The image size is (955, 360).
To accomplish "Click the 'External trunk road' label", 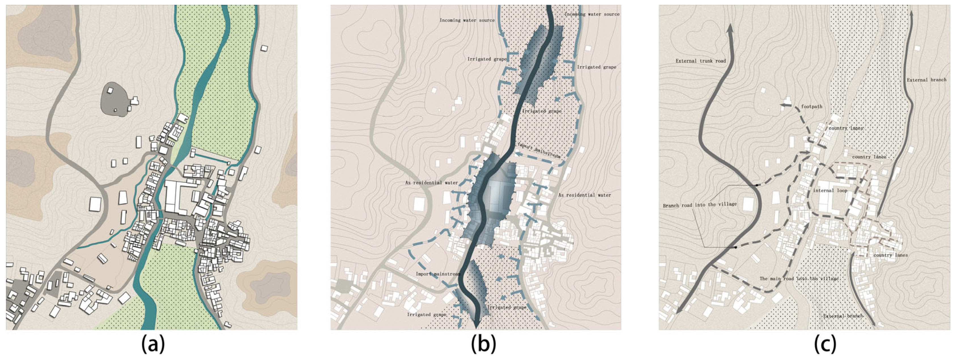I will (x=700, y=61).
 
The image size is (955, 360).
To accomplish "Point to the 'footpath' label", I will (x=812, y=107).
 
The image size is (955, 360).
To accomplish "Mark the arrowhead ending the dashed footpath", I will (x=783, y=106).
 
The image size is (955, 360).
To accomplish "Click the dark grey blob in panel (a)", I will (x=113, y=99).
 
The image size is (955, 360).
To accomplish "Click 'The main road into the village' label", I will (x=799, y=279).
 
